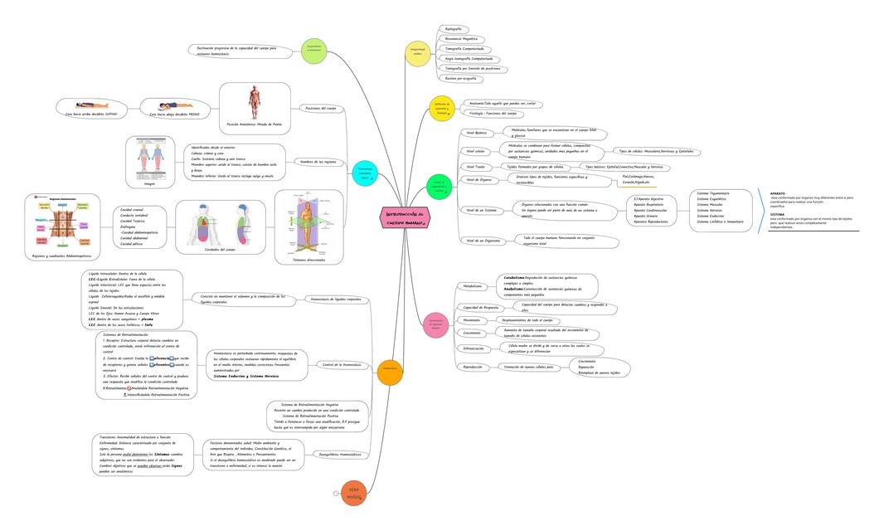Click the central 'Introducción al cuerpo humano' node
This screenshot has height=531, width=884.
tap(406, 217)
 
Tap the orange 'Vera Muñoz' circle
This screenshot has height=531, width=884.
tap(354, 493)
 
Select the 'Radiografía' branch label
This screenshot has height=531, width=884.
tap(454, 29)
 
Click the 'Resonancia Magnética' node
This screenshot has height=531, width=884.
tap(461, 39)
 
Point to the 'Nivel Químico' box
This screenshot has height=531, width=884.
tap(476, 133)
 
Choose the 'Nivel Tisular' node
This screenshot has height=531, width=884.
tap(476, 167)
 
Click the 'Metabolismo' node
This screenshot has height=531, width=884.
tap(472, 286)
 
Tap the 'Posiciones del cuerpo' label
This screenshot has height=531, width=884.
tap(321, 108)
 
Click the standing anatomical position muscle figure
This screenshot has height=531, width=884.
tap(255, 102)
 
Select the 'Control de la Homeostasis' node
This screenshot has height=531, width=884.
tap(341, 364)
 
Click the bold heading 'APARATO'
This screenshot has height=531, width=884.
tap(778, 193)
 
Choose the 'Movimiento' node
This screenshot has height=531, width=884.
tap(472, 319)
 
